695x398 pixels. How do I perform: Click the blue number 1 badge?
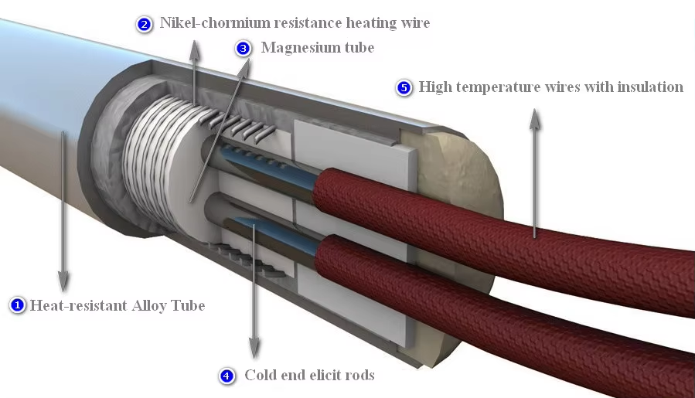(x=18, y=305)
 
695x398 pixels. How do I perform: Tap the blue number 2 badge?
(x=145, y=24)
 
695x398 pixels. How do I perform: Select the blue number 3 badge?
(x=243, y=49)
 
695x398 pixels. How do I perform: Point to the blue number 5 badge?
(x=404, y=87)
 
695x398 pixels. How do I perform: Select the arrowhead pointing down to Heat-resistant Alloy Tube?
(x=63, y=282)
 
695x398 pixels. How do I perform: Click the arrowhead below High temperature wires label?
(x=534, y=114)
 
